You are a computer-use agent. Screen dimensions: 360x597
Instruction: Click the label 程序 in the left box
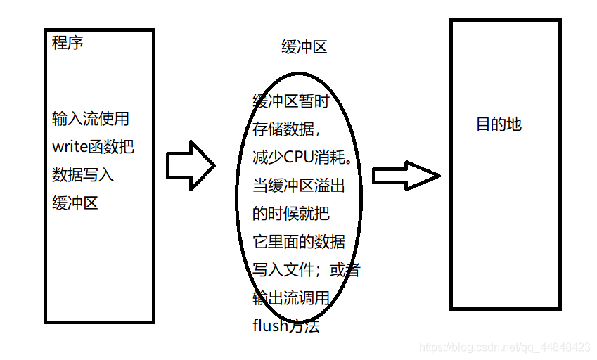[x=68, y=43]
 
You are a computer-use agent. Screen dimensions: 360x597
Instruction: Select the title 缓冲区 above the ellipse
[x=304, y=48]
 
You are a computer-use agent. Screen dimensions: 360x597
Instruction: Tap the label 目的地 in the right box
[x=499, y=125]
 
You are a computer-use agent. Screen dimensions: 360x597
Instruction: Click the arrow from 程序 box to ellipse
[x=190, y=165]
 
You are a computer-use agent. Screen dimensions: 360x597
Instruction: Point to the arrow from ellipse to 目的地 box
[x=406, y=175]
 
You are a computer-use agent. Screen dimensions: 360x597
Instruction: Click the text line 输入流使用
[x=91, y=119]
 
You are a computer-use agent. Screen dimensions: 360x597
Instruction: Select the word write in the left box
[x=68, y=148]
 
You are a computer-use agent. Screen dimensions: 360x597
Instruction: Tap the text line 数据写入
[x=83, y=175]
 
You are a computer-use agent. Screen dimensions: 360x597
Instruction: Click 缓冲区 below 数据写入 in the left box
[x=75, y=203]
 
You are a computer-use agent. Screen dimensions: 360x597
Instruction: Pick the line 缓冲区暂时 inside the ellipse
[x=291, y=101]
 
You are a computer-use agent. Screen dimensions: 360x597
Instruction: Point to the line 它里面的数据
[x=299, y=242]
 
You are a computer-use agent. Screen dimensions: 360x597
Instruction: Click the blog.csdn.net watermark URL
[x=504, y=347]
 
